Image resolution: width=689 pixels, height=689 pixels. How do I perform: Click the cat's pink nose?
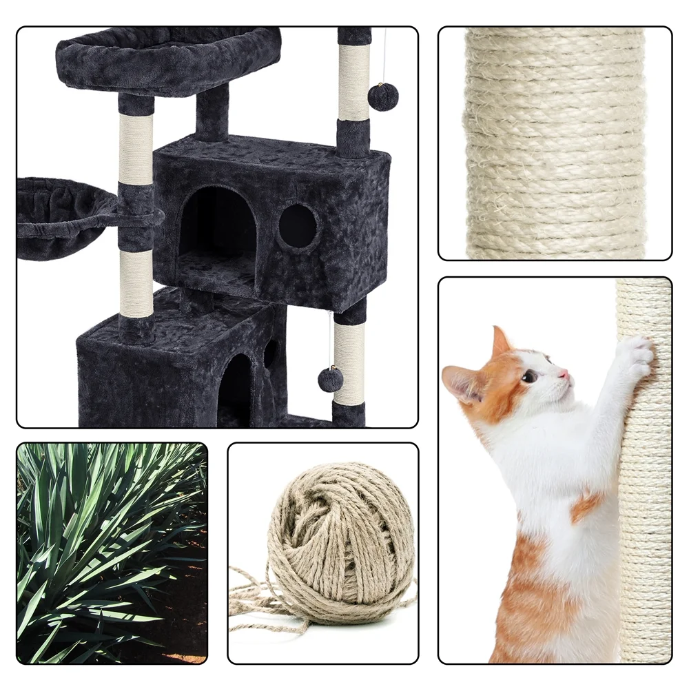click(x=564, y=374)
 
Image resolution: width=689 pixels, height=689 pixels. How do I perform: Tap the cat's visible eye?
click(x=531, y=376)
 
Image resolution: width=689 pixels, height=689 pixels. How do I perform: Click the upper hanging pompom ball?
click(x=383, y=96)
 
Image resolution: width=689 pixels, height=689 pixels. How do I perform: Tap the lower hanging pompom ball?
click(x=331, y=379)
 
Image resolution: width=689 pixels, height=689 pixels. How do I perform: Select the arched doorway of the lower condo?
click(x=235, y=389)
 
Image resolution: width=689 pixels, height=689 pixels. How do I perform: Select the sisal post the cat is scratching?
click(x=644, y=482)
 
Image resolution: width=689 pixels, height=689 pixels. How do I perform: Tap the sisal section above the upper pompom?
click(x=353, y=81)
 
